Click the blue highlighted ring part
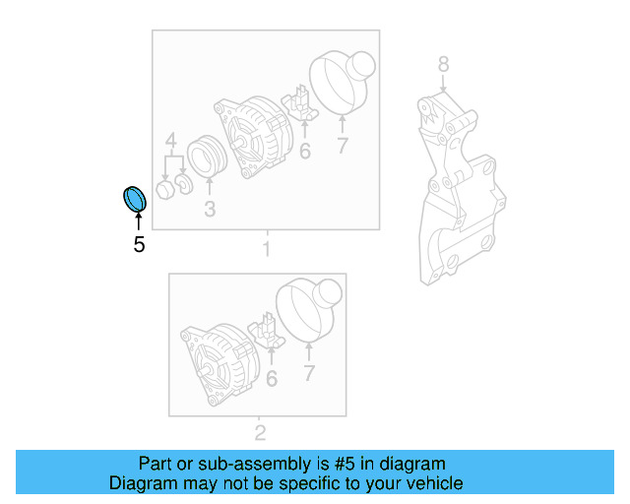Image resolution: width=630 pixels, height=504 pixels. tap(133, 198)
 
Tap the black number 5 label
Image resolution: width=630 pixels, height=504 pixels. tap(139, 244)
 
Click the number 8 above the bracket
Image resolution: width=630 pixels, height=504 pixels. tap(443, 65)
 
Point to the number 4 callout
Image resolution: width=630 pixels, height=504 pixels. tap(170, 139)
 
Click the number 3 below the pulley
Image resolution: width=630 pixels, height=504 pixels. tap(210, 209)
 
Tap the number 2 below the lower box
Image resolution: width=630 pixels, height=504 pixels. tap(260, 432)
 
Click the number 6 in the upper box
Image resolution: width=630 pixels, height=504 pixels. tap(305, 152)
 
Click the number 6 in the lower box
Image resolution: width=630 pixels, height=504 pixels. tap(272, 377)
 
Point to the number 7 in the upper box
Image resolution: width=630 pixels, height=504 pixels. tap(343, 148)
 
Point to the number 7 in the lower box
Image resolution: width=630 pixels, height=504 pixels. tap(308, 373)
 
